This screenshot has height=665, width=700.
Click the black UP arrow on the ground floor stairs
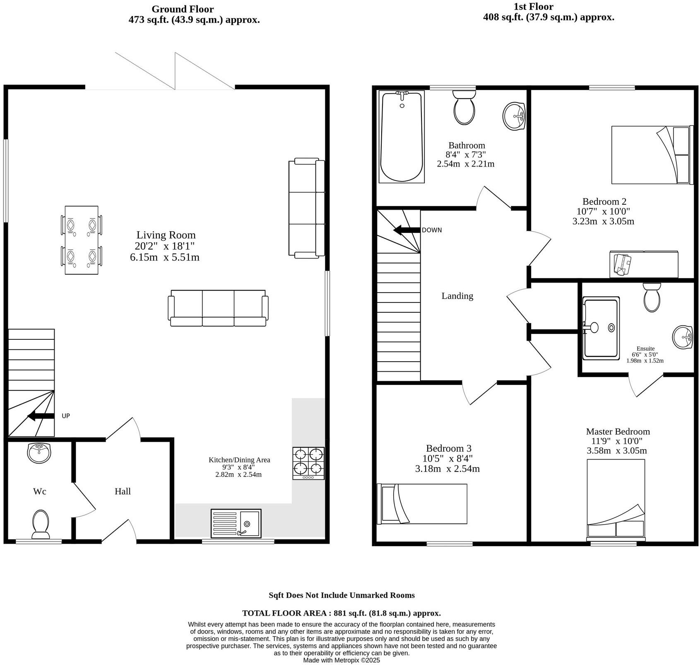coord(41,416)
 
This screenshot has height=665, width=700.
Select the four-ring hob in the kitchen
coord(308,463)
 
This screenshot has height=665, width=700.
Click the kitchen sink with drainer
coord(236,523)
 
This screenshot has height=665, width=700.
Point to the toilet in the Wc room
coord(41,523)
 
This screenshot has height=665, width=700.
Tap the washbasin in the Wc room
coord(39,452)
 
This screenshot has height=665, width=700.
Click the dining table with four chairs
coord(82,240)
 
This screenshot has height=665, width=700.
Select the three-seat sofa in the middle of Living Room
coord(218,308)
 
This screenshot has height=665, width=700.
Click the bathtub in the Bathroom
coord(402,137)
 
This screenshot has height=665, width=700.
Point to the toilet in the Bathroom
coord(464,108)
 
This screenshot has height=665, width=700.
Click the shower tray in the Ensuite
coord(601,328)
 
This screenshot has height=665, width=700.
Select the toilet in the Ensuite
coord(652,297)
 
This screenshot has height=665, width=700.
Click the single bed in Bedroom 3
coord(422,504)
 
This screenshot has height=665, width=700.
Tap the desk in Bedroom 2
coord(644,264)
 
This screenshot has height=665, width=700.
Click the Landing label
coord(457,296)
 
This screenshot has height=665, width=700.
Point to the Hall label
coord(123,491)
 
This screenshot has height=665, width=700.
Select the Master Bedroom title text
coord(618,431)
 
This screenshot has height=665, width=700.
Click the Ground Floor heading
coord(183,9)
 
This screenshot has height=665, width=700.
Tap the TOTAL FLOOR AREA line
coord(341,613)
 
